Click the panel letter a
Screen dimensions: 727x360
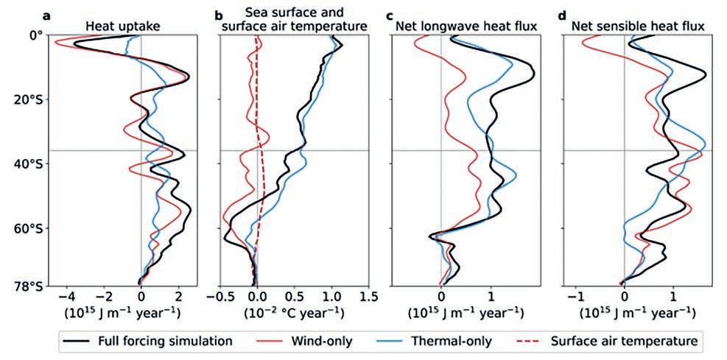click(47, 16)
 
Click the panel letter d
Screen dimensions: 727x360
click(563, 16)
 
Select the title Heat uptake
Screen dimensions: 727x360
click(123, 28)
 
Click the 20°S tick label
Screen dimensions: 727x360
click(26, 99)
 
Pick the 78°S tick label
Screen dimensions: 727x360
click(26, 287)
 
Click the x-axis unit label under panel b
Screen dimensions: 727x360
click(294, 313)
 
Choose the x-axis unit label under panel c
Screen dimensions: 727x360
click(466, 313)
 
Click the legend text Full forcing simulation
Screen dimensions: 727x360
click(166, 342)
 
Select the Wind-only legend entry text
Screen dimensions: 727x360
click(322, 342)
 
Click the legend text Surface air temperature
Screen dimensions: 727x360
click(624, 342)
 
